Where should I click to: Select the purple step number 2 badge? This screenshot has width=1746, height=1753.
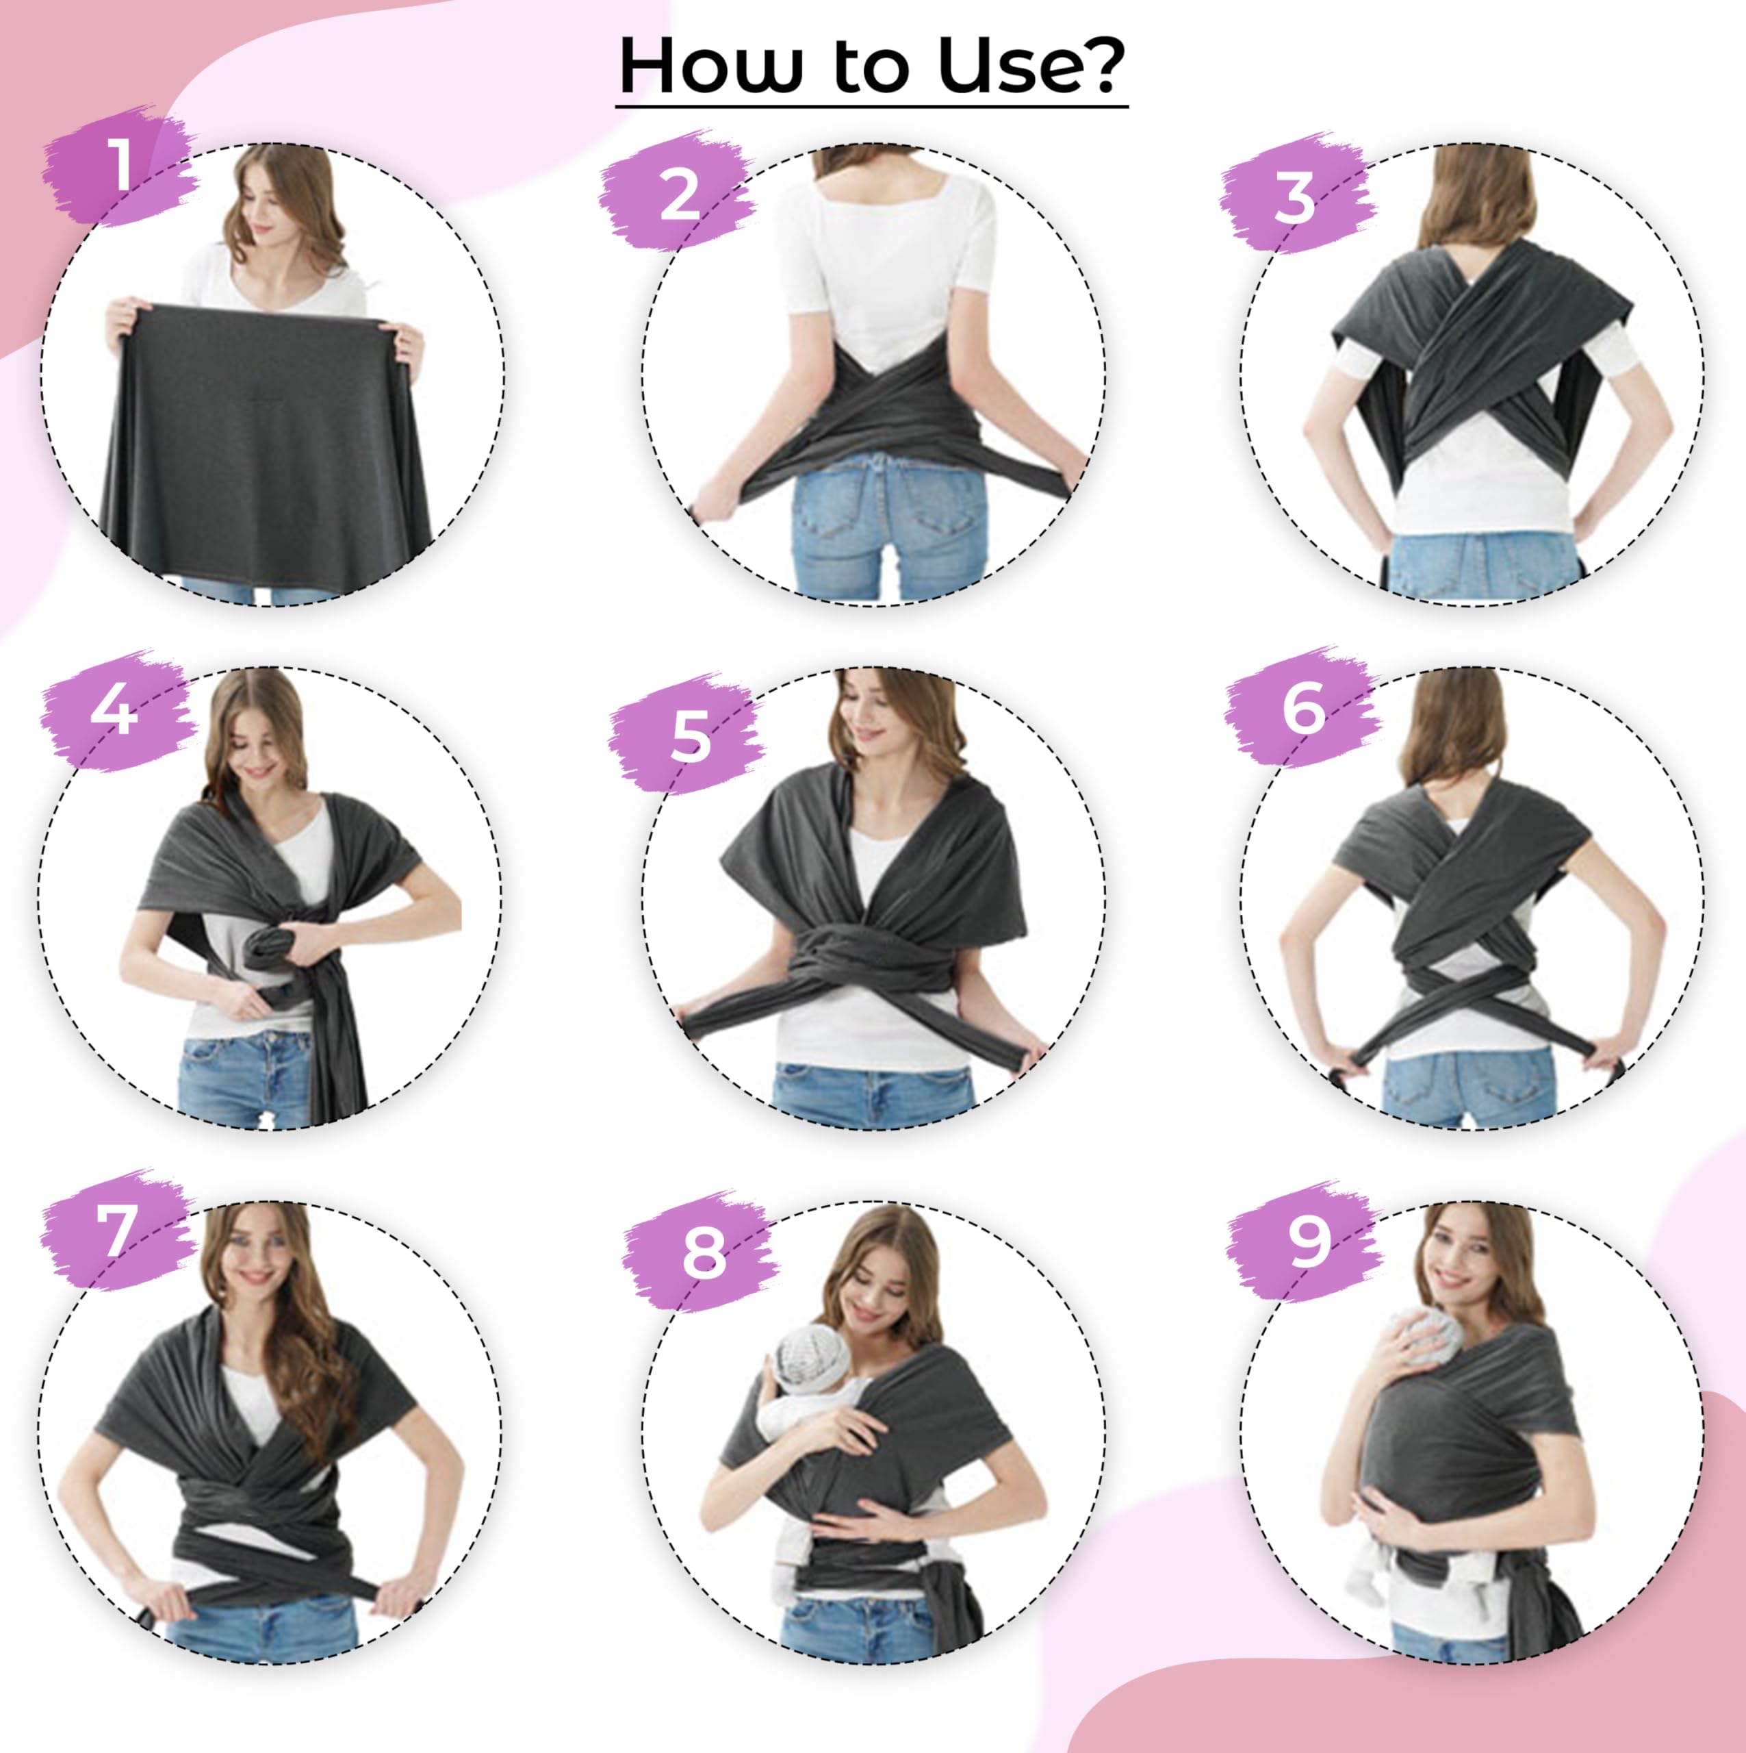[x=678, y=193]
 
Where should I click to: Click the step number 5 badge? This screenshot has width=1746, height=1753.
[x=689, y=735]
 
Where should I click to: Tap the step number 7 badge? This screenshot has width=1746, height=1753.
[x=118, y=1231]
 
